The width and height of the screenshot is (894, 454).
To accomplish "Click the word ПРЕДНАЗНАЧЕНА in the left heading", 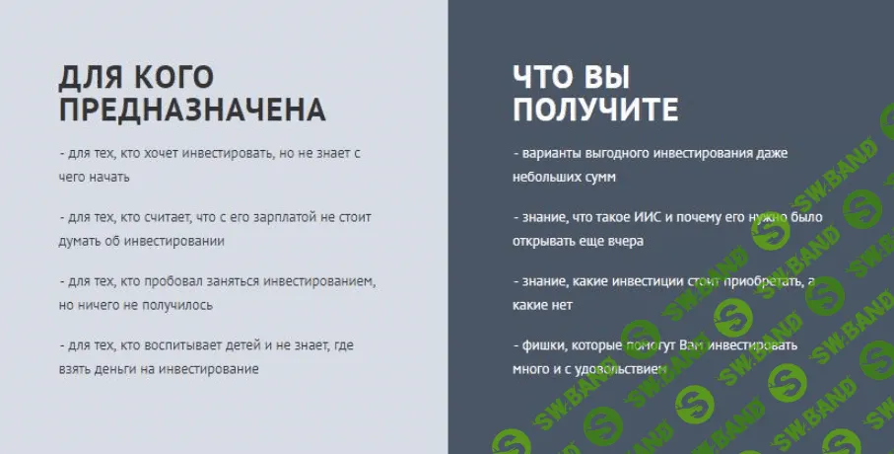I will coord(192,109).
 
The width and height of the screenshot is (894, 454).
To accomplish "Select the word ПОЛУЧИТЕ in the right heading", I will coord(595,109).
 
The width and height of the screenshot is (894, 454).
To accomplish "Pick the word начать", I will coord(108,178).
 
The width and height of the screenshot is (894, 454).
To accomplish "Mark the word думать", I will coord(81,240).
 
